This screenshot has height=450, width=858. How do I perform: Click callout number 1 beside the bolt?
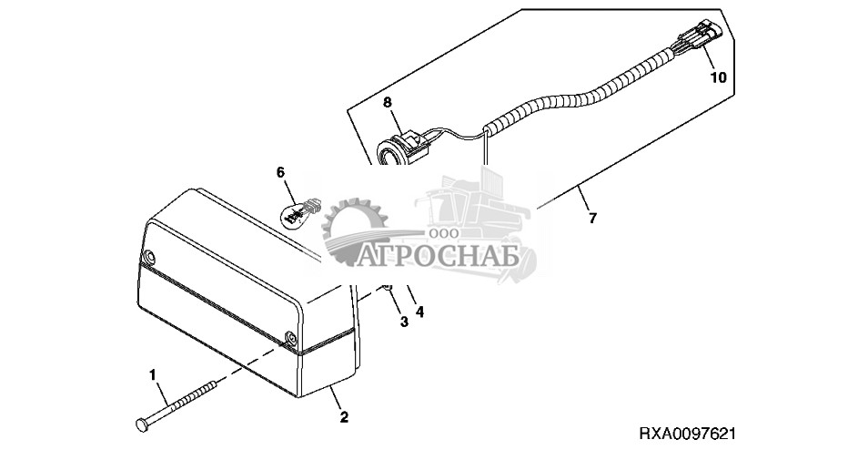pyautogui.click(x=153, y=374)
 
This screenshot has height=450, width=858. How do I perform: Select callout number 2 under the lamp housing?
pyautogui.click(x=344, y=418)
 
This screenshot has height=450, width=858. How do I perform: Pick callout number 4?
pyautogui.click(x=419, y=312)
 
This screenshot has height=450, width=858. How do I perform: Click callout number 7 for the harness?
pyautogui.click(x=592, y=220)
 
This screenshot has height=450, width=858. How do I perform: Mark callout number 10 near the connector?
pyautogui.click(x=719, y=78)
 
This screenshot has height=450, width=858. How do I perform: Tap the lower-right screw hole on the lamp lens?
pyautogui.click(x=290, y=339)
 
